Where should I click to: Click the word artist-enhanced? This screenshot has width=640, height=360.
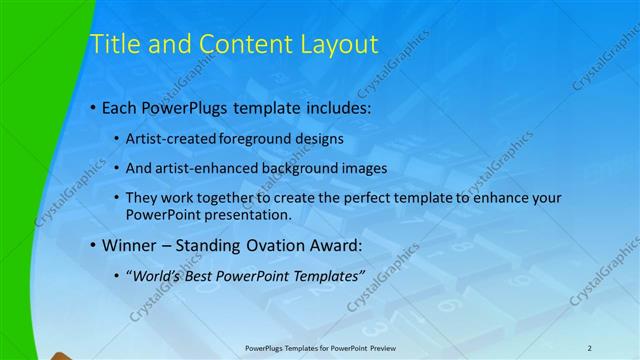[201, 168]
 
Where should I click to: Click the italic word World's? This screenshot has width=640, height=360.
[156, 275]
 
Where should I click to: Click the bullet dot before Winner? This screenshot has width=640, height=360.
[93, 245]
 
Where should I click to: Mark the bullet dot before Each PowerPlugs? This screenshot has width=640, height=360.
[93, 106]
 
